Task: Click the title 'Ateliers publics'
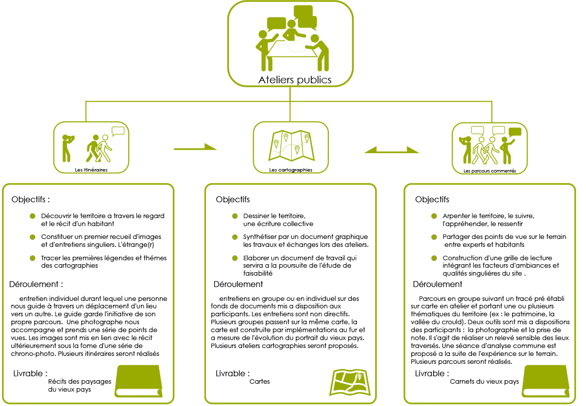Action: (x=295, y=79)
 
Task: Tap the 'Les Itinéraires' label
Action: (x=91, y=170)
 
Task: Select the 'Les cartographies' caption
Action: (x=290, y=170)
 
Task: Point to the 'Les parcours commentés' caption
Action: (x=490, y=171)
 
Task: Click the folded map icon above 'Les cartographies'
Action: (x=291, y=145)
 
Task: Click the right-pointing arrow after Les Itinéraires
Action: (x=195, y=148)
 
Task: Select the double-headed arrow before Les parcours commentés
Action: (x=391, y=150)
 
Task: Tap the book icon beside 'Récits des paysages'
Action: (x=138, y=381)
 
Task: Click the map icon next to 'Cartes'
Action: (x=350, y=382)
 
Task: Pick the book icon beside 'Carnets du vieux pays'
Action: (x=546, y=381)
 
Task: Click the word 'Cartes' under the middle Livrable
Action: (x=260, y=381)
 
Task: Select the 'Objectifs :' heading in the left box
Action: (x=30, y=199)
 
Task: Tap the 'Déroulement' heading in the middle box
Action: (x=238, y=284)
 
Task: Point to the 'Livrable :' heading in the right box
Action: (x=432, y=373)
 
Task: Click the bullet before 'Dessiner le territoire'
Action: (x=235, y=216)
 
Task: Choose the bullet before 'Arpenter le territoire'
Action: (x=434, y=216)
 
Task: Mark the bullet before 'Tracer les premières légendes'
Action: (x=33, y=258)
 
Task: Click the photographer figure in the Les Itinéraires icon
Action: (x=67, y=148)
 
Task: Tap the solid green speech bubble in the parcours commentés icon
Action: (x=515, y=132)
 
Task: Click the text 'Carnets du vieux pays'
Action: (x=484, y=381)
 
